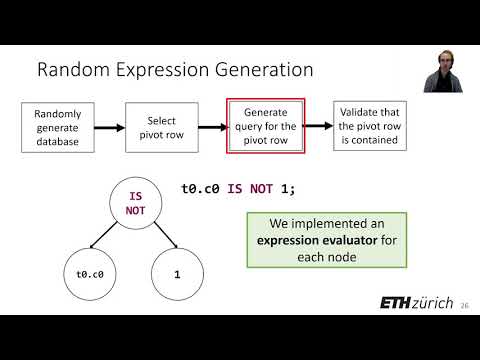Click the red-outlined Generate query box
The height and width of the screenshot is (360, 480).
point(264,126)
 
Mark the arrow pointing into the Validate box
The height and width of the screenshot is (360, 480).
point(318,126)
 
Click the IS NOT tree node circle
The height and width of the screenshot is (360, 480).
point(136,205)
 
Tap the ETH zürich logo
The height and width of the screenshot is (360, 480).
point(416,303)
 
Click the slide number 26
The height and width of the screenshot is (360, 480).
point(464,306)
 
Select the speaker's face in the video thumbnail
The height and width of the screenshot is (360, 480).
point(442,61)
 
